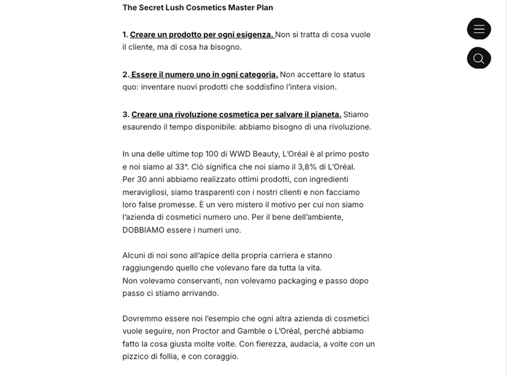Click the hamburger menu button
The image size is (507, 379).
[479, 29]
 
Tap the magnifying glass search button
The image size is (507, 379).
[479, 58]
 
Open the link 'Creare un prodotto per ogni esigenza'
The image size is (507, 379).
[201, 35]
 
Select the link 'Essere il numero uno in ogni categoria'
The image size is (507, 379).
[204, 75]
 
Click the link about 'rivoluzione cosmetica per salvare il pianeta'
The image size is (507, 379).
[236, 114]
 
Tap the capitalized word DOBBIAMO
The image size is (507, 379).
[143, 230]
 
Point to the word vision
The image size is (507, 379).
[325, 87]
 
